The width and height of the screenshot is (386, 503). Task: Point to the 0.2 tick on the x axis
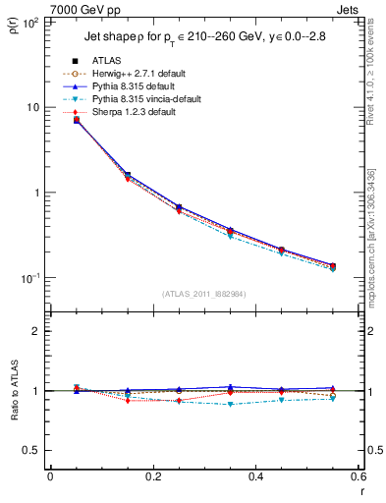[x=152, y=476]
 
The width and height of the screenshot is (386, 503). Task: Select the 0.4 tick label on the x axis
[x=255, y=476]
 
